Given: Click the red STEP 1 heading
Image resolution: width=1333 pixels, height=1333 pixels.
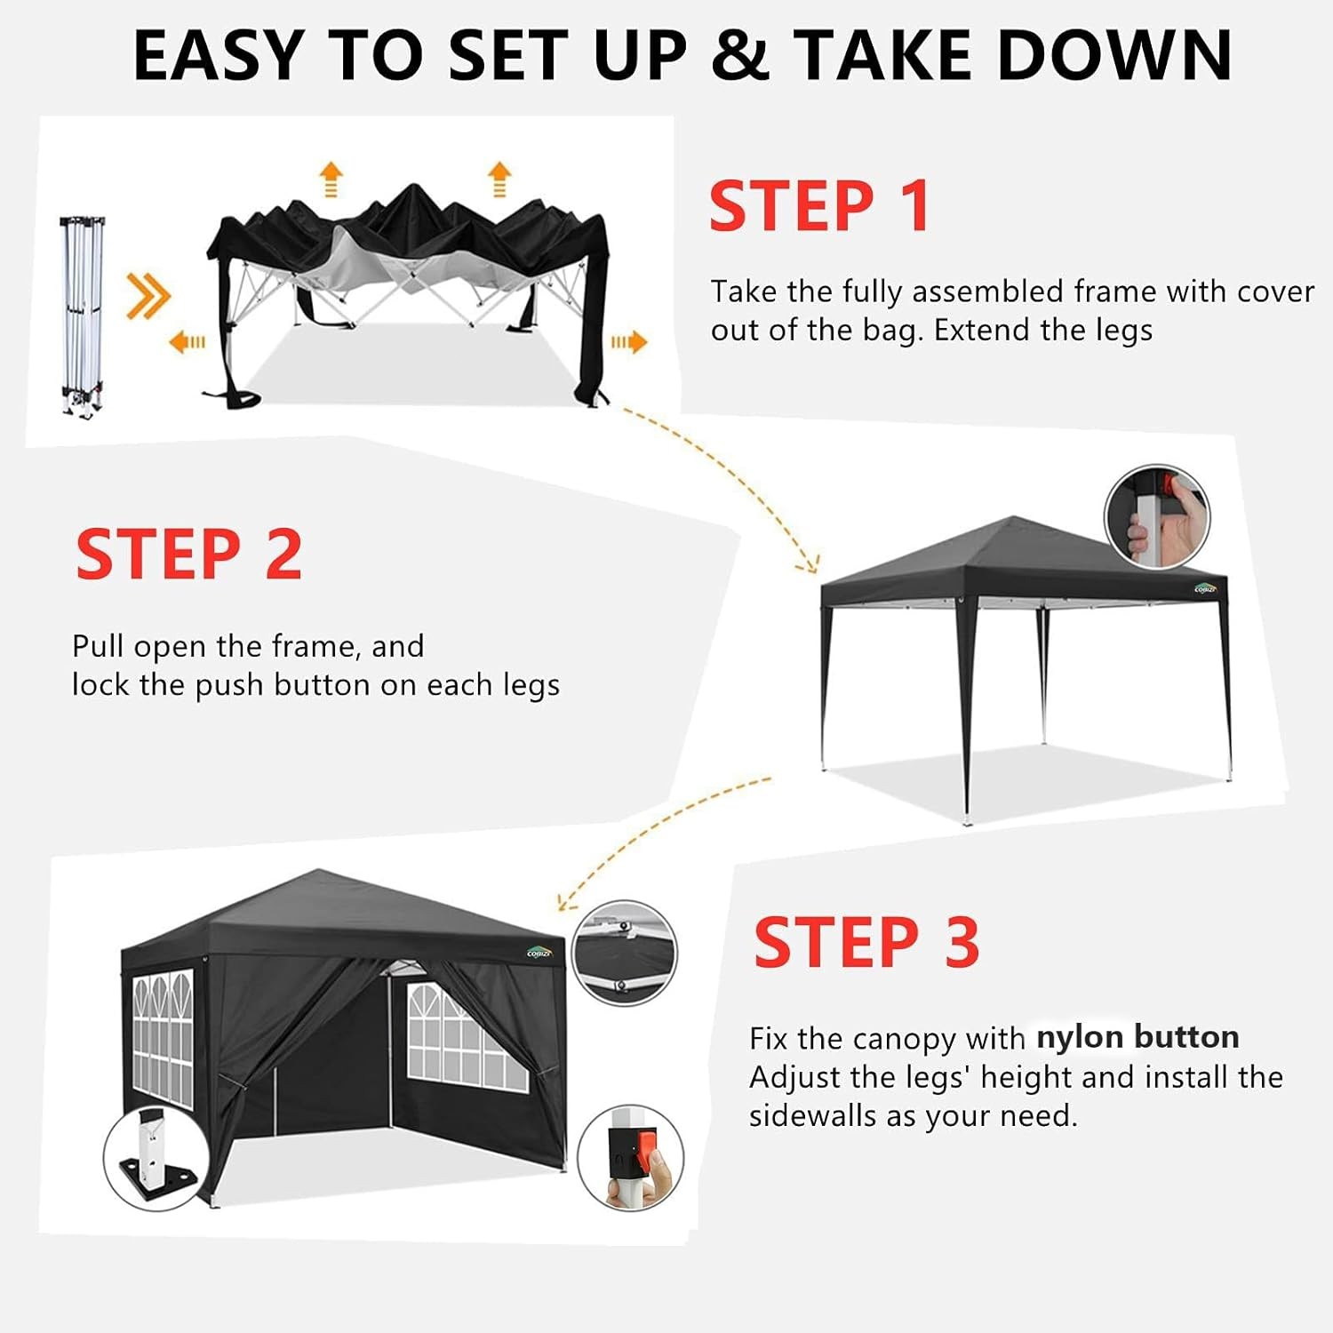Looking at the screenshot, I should (819, 206).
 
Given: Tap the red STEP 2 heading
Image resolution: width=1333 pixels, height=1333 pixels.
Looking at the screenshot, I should (189, 555).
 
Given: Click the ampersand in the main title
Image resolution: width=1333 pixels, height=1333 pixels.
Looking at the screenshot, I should (740, 55).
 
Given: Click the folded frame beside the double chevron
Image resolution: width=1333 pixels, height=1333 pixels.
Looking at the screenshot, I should (82, 315).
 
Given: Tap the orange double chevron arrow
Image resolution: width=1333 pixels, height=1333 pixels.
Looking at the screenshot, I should (148, 295).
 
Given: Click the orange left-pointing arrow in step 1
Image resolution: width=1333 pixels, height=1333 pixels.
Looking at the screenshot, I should (187, 341).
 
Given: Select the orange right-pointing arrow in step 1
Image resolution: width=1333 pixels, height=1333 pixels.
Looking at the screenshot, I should (628, 341).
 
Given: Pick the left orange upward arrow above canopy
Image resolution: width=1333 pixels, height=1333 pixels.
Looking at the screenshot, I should (331, 179).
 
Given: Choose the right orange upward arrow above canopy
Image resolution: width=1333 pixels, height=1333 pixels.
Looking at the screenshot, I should (499, 179).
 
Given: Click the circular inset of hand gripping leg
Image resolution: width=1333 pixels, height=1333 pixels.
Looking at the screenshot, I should (1156, 516).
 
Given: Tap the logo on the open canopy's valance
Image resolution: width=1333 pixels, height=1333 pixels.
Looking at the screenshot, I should (1205, 588).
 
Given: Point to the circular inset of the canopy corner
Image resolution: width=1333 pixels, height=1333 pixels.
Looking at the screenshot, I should (624, 953).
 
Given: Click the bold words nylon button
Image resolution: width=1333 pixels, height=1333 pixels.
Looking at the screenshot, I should (1137, 1037).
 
